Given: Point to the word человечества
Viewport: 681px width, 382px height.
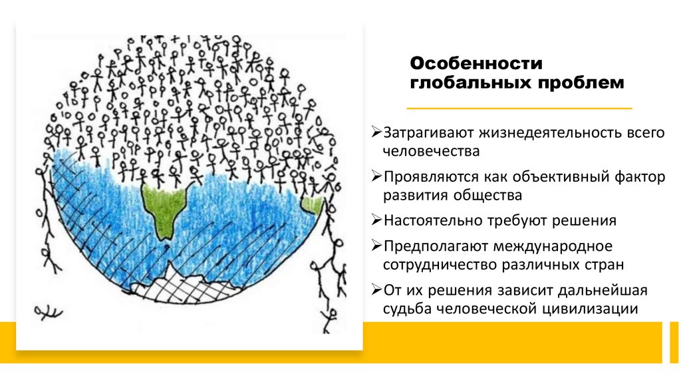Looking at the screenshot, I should tap(431, 152).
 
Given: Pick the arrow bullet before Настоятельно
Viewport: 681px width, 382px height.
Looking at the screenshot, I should tap(376, 220).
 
